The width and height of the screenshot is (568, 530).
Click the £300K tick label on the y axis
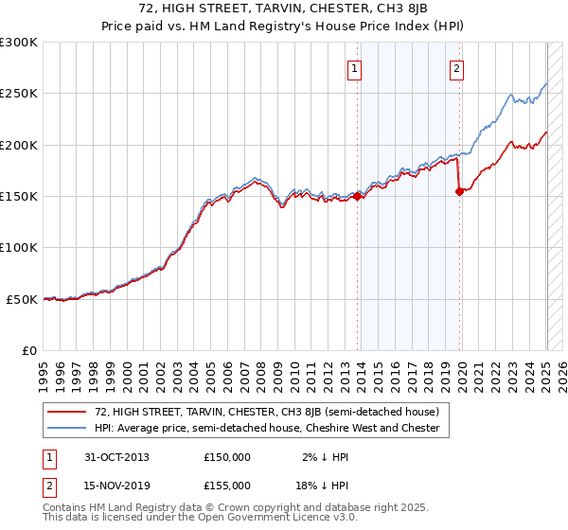[x=19, y=43]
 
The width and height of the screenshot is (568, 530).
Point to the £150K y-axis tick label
[x=19, y=197]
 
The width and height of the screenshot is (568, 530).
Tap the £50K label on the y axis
[x=22, y=299]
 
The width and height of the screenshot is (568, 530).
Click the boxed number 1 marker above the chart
[x=354, y=68]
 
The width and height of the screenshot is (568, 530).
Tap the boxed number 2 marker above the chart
[x=456, y=68]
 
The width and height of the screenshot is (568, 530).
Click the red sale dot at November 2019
[x=460, y=191]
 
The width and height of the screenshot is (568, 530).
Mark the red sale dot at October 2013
[x=358, y=197]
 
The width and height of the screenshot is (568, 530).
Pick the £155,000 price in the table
[x=227, y=486]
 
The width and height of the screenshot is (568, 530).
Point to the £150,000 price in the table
[x=227, y=457]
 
